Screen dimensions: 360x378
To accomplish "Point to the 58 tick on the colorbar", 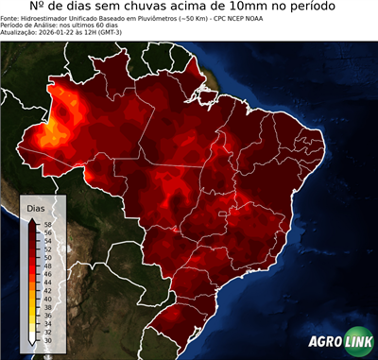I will click(47, 223).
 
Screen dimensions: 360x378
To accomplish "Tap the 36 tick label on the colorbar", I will click(47, 315).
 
